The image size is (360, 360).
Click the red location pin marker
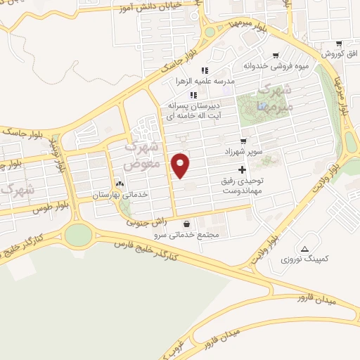point(181,165)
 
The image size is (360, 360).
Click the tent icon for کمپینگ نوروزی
point(304,249)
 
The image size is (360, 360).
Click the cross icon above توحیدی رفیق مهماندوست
point(243,169)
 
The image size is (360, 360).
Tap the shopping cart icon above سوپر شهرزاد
point(244,141)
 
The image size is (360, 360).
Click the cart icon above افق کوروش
point(339,43)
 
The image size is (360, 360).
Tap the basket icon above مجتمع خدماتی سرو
point(186,224)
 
